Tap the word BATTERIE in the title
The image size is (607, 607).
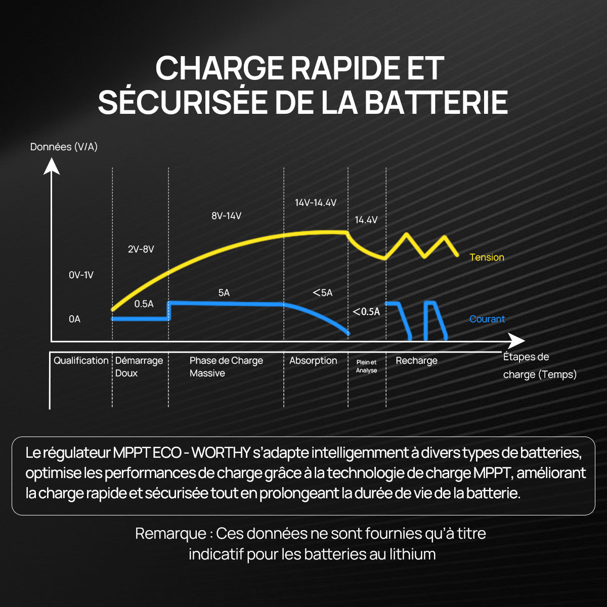point(436,102)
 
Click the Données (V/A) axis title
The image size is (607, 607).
point(64,147)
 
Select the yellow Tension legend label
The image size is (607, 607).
point(487,257)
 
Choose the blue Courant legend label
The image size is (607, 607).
point(487,319)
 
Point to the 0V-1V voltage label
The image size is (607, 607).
point(81,275)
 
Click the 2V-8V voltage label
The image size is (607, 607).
point(141,249)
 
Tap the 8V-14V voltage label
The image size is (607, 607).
point(226,216)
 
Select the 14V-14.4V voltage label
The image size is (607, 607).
point(316,203)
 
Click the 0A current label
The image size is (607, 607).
point(74,319)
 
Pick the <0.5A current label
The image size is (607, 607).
point(366,312)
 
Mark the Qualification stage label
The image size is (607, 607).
point(81,361)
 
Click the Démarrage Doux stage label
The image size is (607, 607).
point(139,367)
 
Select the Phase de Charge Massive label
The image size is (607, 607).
point(226,367)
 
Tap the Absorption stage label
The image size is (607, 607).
point(313,361)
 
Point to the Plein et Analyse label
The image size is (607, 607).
point(366,366)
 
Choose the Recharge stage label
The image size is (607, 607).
point(416,361)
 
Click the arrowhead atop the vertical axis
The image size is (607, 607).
point(52,166)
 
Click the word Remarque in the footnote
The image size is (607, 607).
point(170,534)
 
